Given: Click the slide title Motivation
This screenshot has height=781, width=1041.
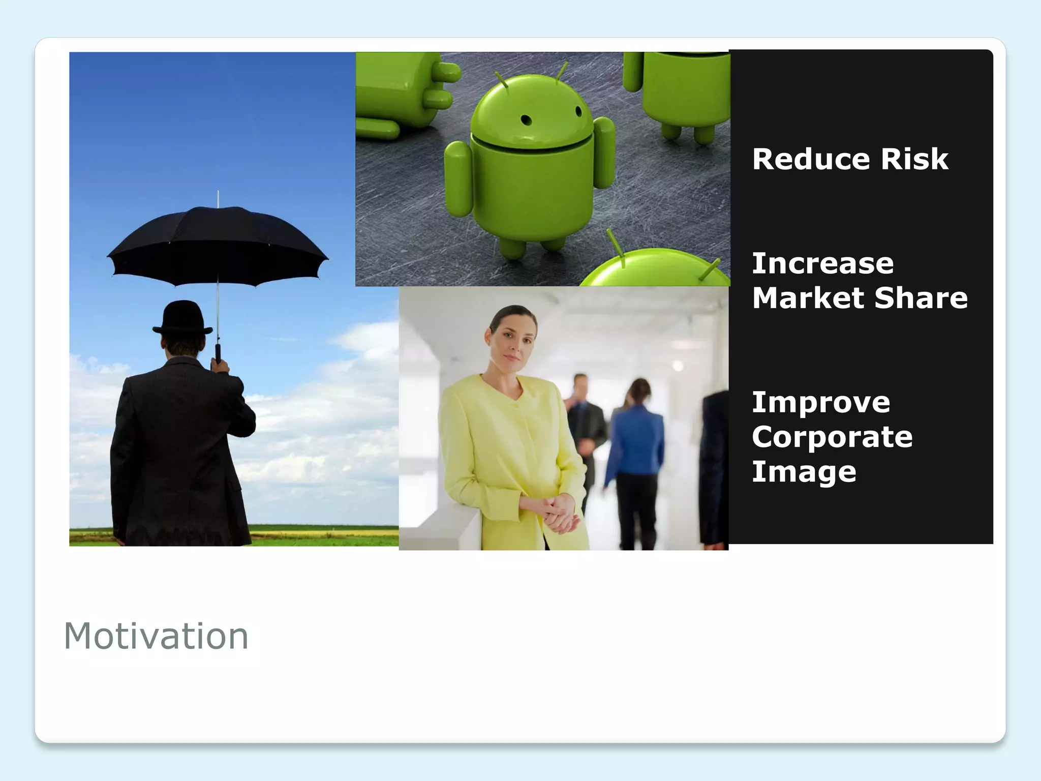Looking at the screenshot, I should coord(156,636).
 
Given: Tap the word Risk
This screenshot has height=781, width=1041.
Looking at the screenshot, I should coord(914,159).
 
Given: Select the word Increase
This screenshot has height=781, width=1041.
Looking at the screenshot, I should coord(822,263).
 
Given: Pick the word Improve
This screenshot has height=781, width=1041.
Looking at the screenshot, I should coord(821,403).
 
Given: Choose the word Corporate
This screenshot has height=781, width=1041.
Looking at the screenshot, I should coord(832,437).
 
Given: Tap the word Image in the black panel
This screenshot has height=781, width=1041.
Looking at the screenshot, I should coord(804,472).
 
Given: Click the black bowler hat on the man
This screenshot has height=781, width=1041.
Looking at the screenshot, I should coord(182,317).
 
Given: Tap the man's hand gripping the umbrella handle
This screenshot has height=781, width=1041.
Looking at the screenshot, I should coord(220,365).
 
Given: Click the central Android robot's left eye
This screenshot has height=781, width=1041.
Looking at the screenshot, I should coord(527,121).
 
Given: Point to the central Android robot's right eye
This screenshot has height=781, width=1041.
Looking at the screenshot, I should coord(578,111).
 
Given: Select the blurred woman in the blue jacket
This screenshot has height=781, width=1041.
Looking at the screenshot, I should coord(635,447).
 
